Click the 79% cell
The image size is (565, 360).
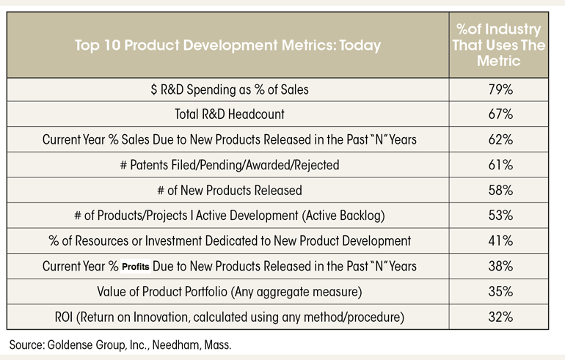coord(500,89)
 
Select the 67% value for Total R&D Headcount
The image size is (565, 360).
coord(500,114)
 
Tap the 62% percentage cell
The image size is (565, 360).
coord(500,139)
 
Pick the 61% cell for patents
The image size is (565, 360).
coord(500,165)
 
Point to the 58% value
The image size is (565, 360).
coord(500,190)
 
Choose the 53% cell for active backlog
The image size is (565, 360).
coord(500,216)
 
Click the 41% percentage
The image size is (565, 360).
coord(500,240)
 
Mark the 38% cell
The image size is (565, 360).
coord(500,266)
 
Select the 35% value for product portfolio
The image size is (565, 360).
coord(500,291)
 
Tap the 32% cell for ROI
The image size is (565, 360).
coord(500,317)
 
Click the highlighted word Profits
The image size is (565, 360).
coord(136,267)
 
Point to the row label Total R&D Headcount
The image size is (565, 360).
coord(230,114)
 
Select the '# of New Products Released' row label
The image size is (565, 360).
coord(230,190)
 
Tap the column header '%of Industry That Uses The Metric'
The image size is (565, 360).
coord(499,45)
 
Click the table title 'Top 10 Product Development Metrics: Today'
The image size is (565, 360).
coord(227,45)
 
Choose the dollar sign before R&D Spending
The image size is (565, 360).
coord(154,89)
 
